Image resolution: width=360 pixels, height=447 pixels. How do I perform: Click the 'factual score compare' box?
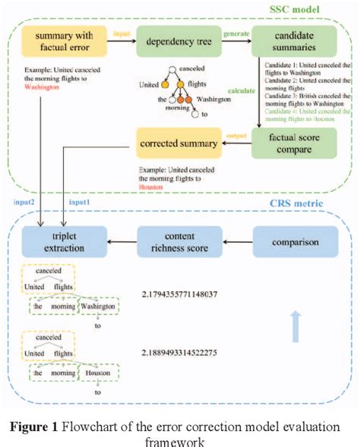[289, 143]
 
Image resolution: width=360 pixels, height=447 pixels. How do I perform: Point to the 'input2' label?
[27, 203]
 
